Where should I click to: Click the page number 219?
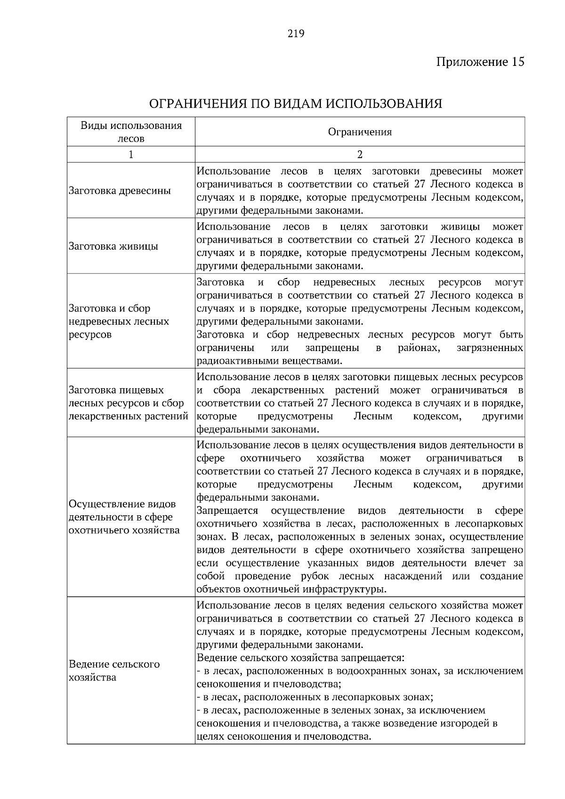tap(296, 33)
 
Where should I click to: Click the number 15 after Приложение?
tap(516, 62)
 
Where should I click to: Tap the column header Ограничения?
tap(360, 132)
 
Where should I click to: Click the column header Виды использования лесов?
tap(131, 132)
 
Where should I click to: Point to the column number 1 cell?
tap(131, 154)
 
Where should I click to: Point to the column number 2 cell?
tap(360, 154)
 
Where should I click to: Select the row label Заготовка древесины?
tap(120, 191)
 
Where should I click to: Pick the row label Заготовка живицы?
tap(113, 247)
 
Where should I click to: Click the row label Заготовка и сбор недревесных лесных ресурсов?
tap(119, 321)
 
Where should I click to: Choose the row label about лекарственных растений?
tap(128, 403)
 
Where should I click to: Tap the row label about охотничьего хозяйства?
tap(124, 517)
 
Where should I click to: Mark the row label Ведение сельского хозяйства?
tap(114, 671)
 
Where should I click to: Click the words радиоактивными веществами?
tap(269, 361)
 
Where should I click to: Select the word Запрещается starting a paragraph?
tap(227, 511)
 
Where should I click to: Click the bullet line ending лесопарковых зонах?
tap(315, 697)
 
